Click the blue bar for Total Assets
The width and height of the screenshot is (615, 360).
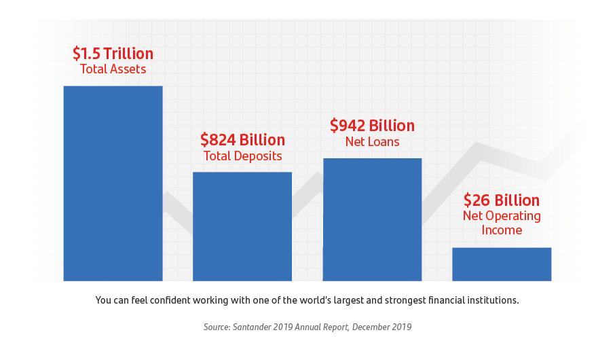tap(113, 183)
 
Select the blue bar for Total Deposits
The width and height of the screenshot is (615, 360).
tap(242, 226)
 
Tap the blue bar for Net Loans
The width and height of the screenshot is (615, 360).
tap(372, 219)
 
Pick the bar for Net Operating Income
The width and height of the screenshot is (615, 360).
tap(502, 264)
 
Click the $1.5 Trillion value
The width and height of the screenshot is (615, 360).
tap(113, 54)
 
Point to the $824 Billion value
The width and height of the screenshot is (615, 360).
tap(242, 140)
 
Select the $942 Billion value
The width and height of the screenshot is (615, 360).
tap(372, 126)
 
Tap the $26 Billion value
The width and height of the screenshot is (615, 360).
tap(502, 200)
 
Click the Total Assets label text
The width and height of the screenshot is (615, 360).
tap(113, 69)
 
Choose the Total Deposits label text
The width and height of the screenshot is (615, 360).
tap(242, 156)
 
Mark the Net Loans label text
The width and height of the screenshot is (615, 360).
tap(372, 142)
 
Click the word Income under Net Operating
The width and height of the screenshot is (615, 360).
tap(502, 230)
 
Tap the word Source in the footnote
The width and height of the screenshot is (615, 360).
tap(217, 327)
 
